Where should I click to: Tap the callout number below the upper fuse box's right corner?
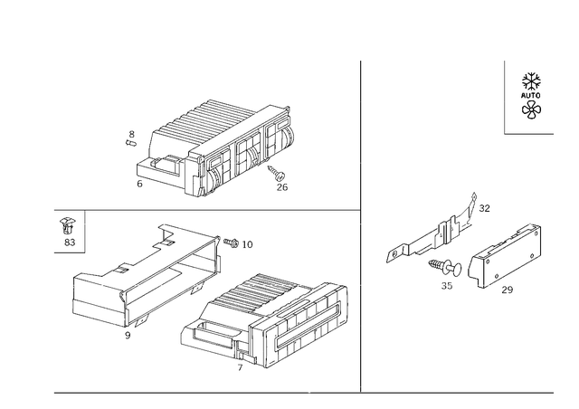pyautogui.click(x=280, y=185)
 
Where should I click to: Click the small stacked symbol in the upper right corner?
pyautogui.click(x=531, y=98)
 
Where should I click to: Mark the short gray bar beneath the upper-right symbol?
pyautogui.click(x=530, y=133)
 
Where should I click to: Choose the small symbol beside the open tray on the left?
pyautogui.click(x=66, y=231)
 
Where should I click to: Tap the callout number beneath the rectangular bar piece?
pyautogui.click(x=503, y=290)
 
